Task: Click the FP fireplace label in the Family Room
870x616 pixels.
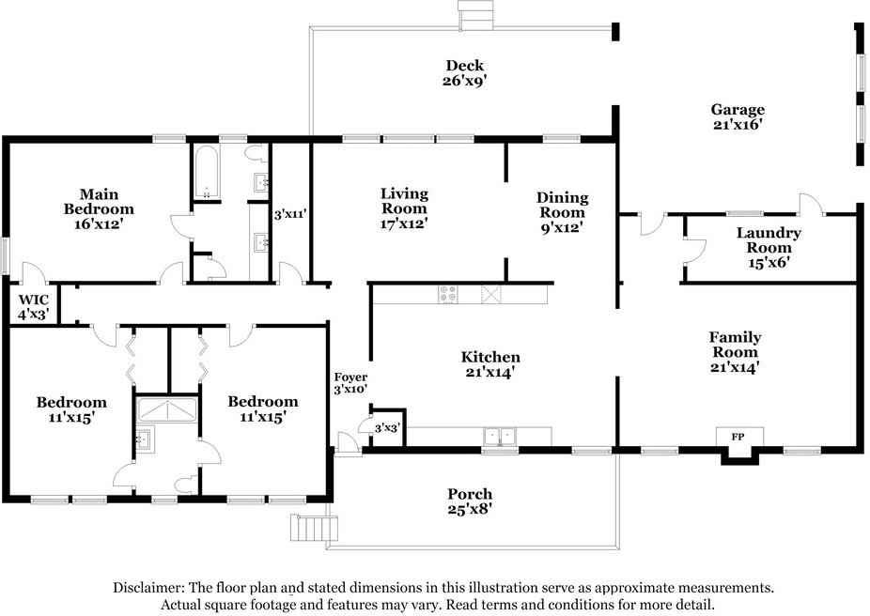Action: coord(737,436)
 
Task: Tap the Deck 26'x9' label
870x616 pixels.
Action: coord(465,73)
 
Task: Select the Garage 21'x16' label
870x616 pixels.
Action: coord(737,116)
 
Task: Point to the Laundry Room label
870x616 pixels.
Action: coord(768,247)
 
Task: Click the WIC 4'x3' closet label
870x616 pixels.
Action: coord(36,307)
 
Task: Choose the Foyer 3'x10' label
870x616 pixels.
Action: coord(350,382)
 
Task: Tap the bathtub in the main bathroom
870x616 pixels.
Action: coord(206,171)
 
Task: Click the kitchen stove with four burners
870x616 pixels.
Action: coord(448,295)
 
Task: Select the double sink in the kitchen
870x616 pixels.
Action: coord(500,436)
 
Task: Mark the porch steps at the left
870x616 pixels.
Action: coord(316,529)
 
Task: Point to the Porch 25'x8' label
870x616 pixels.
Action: coord(470,501)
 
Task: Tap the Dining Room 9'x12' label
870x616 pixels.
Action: coord(562,211)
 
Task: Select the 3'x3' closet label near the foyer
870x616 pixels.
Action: coord(387,428)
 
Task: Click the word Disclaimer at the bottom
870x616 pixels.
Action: coord(148,588)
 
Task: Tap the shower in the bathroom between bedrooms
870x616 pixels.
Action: coord(166,410)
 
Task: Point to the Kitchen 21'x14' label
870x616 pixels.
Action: coord(490,364)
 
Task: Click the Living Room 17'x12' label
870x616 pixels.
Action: coord(404,208)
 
